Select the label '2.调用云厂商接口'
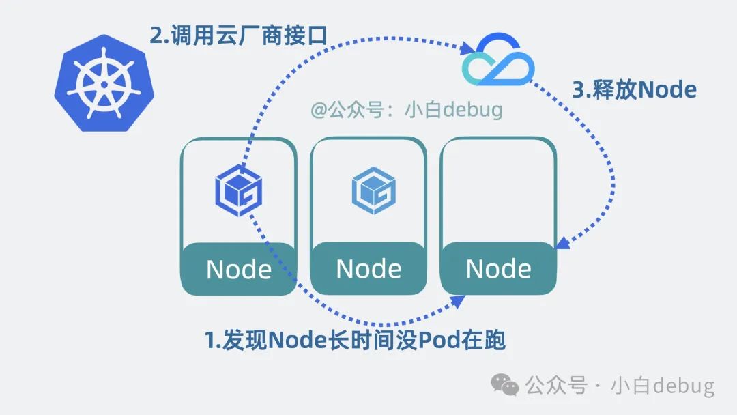(x=239, y=34)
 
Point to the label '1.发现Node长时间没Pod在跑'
(x=355, y=340)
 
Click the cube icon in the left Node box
(x=239, y=186)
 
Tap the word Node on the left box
(x=239, y=270)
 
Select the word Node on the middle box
(x=369, y=269)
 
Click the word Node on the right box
(x=498, y=269)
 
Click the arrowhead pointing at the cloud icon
(x=469, y=48)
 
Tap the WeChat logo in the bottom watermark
(x=506, y=386)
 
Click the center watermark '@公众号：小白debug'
(x=407, y=109)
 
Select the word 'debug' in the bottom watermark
(x=682, y=386)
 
